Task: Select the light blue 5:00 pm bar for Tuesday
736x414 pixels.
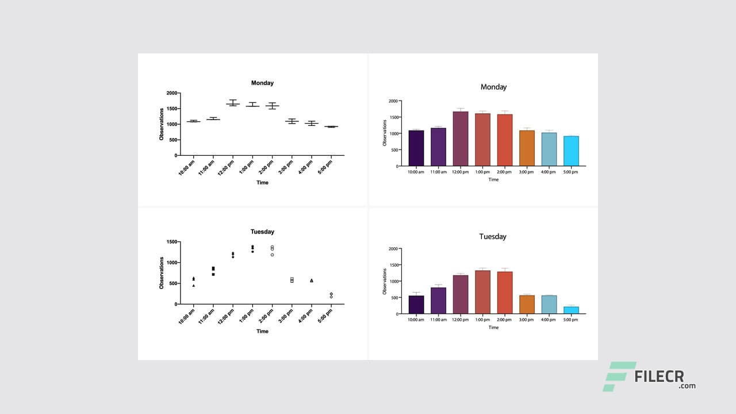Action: click(x=571, y=310)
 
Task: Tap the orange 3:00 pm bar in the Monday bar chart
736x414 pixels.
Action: click(x=527, y=148)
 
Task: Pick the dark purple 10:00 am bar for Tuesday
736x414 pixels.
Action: click(x=416, y=305)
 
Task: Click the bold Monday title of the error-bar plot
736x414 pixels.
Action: click(x=262, y=83)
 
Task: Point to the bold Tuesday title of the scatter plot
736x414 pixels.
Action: click(x=262, y=232)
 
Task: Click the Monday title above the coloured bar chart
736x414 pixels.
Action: click(x=493, y=87)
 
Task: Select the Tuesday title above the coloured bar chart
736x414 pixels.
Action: click(x=493, y=236)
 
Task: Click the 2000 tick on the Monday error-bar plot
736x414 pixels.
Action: click(x=171, y=93)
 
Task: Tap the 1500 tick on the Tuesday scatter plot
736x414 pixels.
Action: click(x=171, y=242)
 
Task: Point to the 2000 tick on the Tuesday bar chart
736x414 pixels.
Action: click(x=393, y=249)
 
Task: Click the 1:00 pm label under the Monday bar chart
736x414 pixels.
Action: click(x=482, y=172)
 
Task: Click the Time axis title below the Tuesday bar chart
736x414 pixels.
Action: click(x=493, y=327)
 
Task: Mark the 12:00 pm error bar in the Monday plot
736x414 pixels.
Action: click(x=233, y=103)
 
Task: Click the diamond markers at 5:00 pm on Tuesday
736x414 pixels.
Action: click(x=331, y=295)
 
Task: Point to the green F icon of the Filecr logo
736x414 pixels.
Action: click(x=618, y=376)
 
